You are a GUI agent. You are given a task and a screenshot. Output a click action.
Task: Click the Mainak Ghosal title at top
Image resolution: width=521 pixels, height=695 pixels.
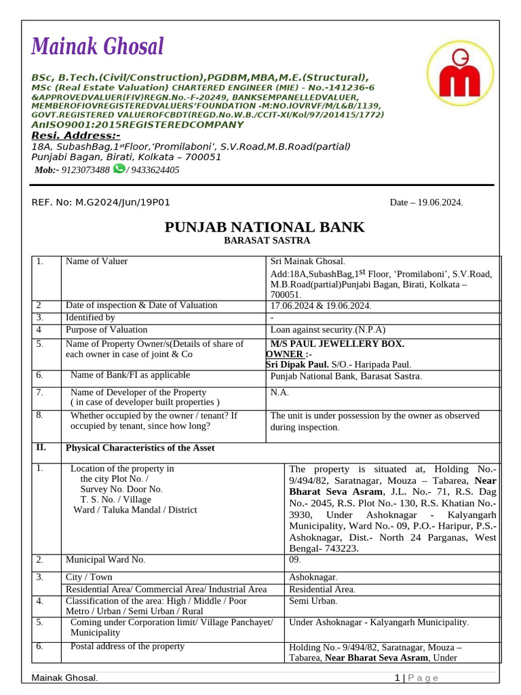coord(98,48)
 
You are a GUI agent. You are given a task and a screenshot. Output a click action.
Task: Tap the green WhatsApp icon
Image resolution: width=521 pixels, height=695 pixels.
coord(119,169)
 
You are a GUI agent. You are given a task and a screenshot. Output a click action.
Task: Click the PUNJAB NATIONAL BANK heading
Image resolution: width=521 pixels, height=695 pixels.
coord(265,227)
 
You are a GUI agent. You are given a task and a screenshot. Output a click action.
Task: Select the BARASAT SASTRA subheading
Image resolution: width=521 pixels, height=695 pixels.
coord(267,240)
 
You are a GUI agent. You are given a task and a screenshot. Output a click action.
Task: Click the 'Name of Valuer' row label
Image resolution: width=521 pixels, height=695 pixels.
coord(96,261)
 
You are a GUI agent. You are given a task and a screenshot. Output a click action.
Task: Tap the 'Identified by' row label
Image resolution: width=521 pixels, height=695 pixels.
coord(90,317)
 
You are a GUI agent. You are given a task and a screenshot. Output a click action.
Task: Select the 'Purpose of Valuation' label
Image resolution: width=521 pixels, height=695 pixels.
coord(106,330)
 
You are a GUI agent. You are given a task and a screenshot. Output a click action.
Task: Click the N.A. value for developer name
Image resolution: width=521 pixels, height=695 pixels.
coord(279,392)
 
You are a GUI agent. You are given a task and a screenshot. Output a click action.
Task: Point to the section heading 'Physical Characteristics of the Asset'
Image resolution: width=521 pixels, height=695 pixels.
coord(140,448)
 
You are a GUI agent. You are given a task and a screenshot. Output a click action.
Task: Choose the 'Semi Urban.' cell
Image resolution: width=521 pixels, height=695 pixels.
coord(313,601)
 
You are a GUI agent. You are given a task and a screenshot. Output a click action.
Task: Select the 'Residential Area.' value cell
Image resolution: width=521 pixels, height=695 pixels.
coord(322,589)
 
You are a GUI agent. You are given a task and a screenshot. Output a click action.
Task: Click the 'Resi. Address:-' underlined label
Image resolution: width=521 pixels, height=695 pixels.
coord(75,135)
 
